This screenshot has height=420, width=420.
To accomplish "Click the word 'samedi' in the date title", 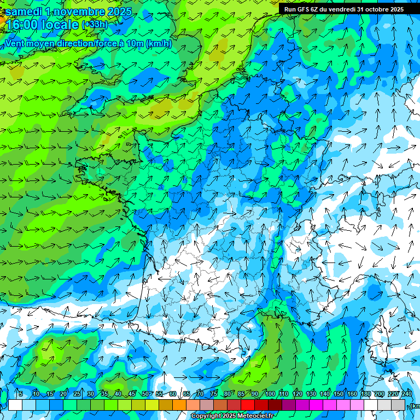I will pos(24,11).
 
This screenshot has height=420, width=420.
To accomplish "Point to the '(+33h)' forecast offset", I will pos(95,25).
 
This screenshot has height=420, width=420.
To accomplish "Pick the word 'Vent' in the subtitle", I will pos(15,44).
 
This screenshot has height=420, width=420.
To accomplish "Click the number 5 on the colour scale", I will pos(20,394).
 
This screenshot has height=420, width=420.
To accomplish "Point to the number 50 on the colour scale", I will pos(145,394).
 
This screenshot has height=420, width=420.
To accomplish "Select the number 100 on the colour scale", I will pos(270,394).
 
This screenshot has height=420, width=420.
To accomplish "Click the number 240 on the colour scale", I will pos(407,394).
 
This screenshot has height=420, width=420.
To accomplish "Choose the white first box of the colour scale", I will pos(15,405).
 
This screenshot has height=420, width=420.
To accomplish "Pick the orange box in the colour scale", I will pos(179,405).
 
